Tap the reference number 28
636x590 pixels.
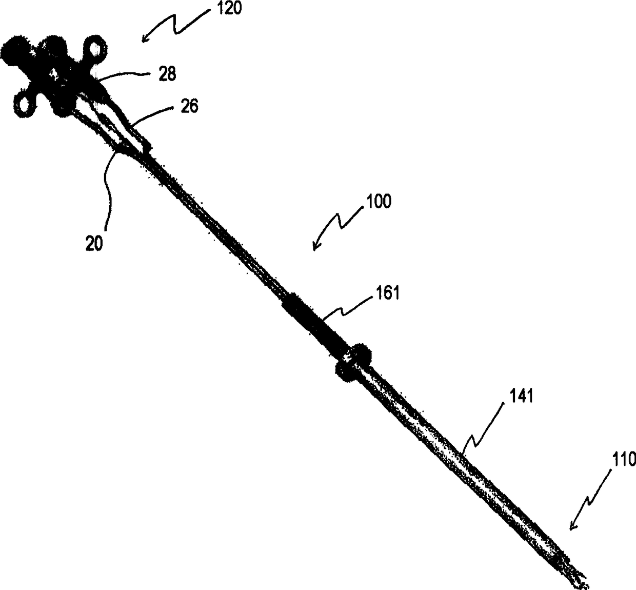[x=167, y=74]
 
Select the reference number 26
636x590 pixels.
[x=188, y=107]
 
